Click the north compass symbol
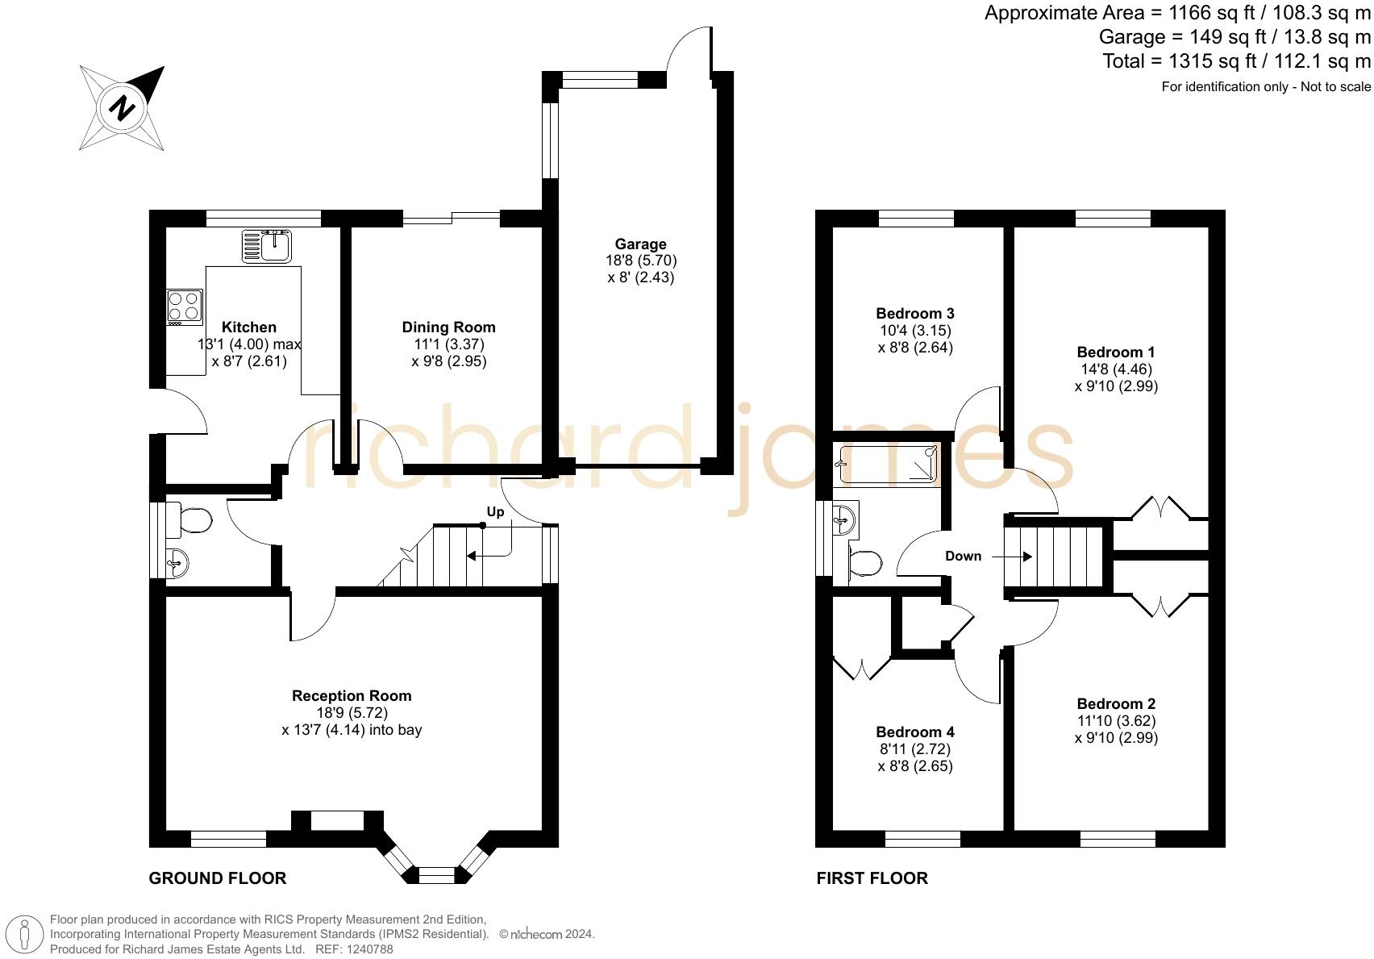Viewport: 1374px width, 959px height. click(122, 107)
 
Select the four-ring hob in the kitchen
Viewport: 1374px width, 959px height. click(184, 306)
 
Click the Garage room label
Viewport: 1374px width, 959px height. click(640, 244)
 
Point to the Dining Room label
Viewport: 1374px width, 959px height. click(448, 327)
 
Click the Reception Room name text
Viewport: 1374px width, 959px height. click(352, 695)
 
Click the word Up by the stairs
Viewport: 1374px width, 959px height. click(495, 512)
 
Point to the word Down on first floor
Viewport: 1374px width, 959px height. click(963, 556)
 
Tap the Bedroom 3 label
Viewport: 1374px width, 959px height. click(915, 313)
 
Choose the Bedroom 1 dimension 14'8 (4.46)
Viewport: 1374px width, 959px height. click(1116, 369)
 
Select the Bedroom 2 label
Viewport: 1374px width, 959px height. click(1116, 703)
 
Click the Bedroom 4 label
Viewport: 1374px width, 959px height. click(915, 732)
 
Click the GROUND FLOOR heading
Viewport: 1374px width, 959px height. click(218, 878)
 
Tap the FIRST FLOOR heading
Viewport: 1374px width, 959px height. click(872, 878)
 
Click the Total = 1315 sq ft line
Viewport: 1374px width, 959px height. click(1236, 61)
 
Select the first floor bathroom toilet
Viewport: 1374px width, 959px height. click(864, 563)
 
